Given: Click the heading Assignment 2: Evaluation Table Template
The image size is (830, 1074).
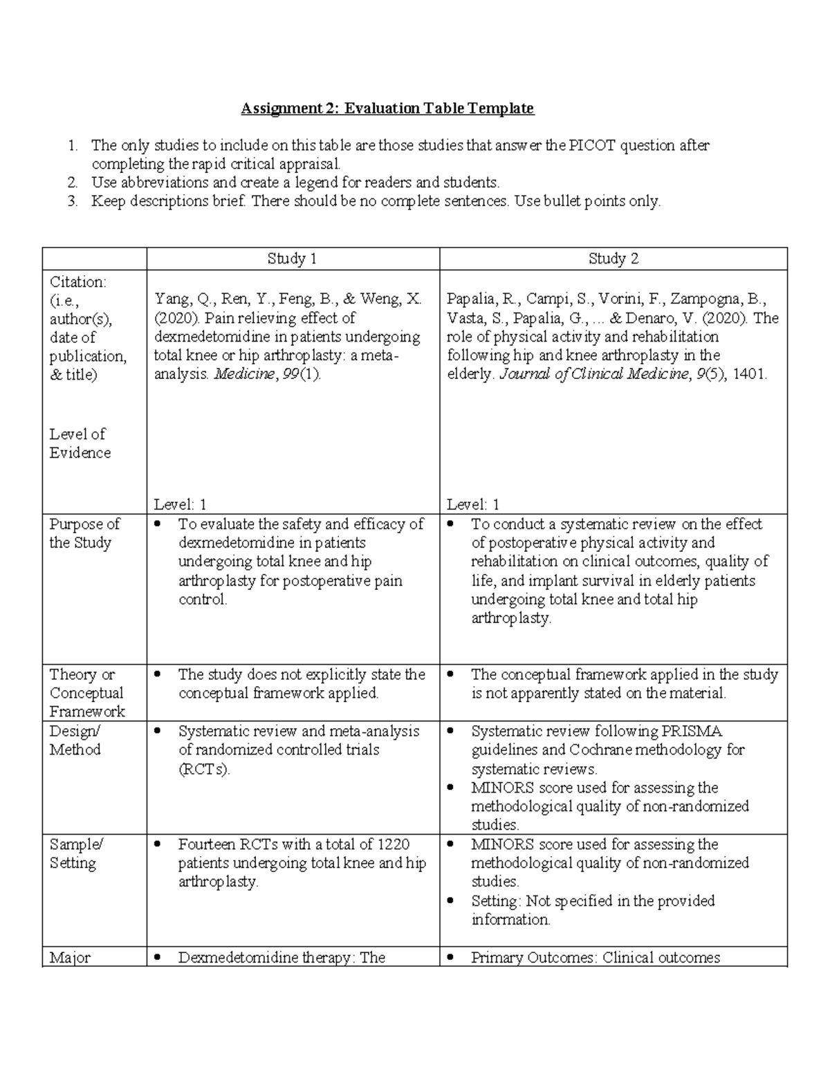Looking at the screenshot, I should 387,109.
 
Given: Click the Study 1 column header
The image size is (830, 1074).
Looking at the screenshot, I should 293,259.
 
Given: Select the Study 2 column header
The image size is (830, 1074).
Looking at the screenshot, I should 613,259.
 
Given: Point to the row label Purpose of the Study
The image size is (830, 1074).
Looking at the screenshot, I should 84,533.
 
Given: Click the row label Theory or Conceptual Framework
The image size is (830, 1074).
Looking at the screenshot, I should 86,693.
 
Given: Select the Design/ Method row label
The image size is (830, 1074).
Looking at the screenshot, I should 75,740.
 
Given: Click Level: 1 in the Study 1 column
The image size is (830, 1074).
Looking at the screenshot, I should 180,505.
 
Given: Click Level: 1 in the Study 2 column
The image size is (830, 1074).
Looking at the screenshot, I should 473,505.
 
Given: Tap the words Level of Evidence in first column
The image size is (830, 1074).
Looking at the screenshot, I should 79,443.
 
